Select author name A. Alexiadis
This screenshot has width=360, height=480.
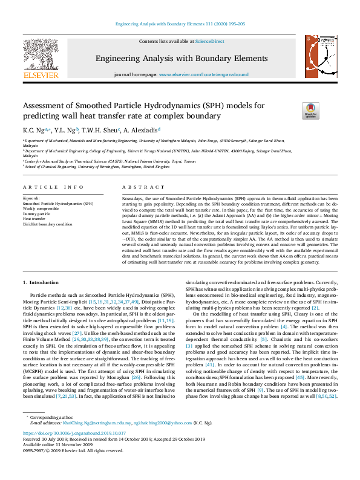tap(143, 129)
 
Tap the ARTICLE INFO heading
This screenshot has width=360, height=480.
tap(53, 188)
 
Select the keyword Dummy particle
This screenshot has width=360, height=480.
tap(36, 214)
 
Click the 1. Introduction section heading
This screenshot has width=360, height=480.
tap(42, 282)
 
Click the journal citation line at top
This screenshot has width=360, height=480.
tap(180, 24)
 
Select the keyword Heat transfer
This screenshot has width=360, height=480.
tap(34, 219)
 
